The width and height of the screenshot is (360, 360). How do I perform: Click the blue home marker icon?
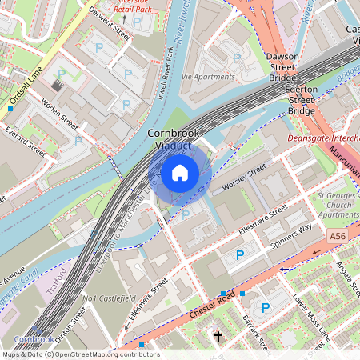pos(180,172)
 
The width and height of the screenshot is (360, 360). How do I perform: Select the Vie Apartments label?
pos(208,77)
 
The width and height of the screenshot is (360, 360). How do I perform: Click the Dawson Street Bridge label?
pos(282,67)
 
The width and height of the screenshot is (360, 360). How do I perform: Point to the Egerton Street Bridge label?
pos(301,100)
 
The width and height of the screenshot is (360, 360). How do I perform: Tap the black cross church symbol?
pos(218,336)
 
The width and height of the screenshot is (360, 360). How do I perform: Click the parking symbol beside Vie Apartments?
pos(236,58)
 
